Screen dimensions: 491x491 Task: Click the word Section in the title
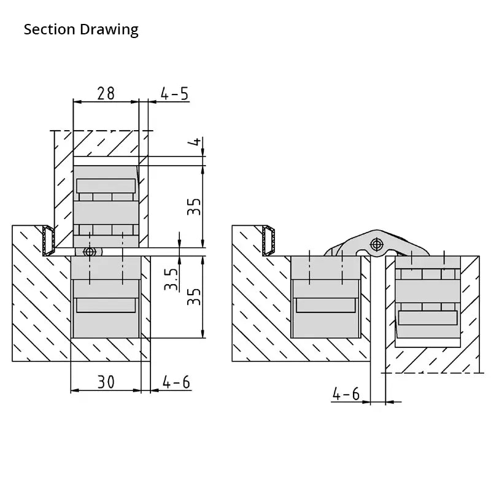(x=50, y=29)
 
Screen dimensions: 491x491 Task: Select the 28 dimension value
(x=106, y=93)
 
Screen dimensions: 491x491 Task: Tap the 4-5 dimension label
(x=174, y=93)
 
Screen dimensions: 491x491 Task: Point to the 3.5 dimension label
(x=172, y=279)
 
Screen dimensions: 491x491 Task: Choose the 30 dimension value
(x=106, y=382)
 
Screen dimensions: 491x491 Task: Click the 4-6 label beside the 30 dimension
(x=176, y=382)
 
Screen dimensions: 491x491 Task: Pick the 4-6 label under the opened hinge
(x=346, y=393)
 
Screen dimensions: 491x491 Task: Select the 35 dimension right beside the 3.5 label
(x=194, y=297)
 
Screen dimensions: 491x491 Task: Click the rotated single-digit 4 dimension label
(x=195, y=142)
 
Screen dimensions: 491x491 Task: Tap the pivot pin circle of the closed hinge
(x=90, y=252)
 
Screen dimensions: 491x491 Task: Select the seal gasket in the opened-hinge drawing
(x=268, y=239)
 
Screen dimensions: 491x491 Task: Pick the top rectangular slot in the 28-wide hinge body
(x=106, y=186)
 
